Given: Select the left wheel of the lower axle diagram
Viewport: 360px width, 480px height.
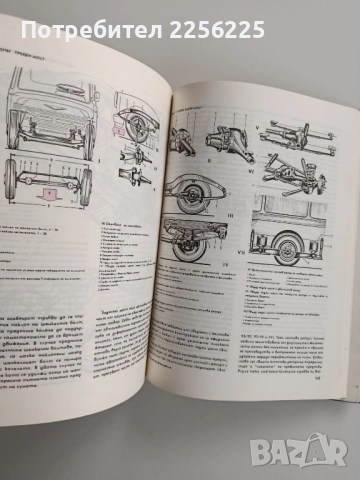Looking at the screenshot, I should point(10,178).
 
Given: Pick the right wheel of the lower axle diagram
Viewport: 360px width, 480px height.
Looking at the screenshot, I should point(85,184).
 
